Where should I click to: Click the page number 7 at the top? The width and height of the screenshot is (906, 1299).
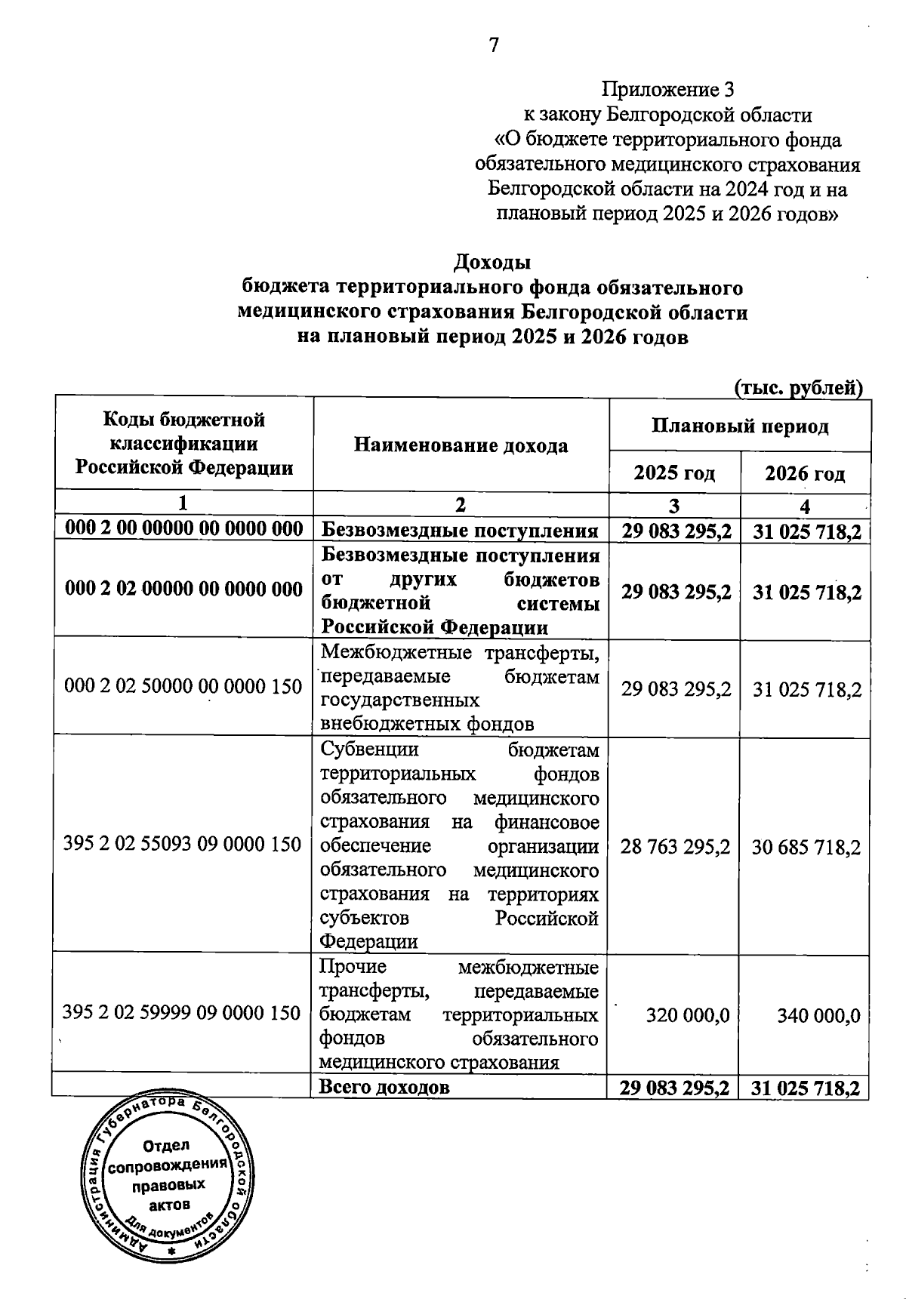pyautogui.click(x=494, y=45)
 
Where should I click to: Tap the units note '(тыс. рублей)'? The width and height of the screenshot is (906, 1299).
pyautogui.click(x=799, y=388)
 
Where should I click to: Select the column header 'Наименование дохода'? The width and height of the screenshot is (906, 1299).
pyautogui.click(x=461, y=445)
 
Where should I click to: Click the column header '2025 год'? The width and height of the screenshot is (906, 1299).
pyautogui.click(x=674, y=473)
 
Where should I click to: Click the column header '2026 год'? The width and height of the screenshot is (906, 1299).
pyautogui.click(x=805, y=473)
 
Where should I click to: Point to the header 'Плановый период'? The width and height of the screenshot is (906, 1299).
pyautogui.click(x=740, y=426)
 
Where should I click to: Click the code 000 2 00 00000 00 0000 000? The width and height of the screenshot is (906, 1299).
pyautogui.click(x=184, y=528)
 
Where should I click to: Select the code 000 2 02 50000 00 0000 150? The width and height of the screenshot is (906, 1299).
pyautogui.click(x=183, y=686)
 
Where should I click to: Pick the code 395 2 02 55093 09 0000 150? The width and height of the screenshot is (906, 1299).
pyautogui.click(x=183, y=844)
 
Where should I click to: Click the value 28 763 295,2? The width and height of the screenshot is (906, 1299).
pyautogui.click(x=675, y=847)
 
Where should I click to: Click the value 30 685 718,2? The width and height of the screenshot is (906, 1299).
pyautogui.click(x=806, y=847)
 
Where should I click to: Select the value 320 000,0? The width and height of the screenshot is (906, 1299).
pyautogui.click(x=687, y=1015)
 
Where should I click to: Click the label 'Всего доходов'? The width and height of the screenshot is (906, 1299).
pyautogui.click(x=384, y=1087)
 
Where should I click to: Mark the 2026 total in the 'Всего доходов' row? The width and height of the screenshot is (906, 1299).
pyautogui.click(x=806, y=1088)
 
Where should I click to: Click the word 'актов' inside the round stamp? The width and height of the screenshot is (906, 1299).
pyautogui.click(x=169, y=1204)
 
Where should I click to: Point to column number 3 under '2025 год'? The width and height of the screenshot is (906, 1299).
pyautogui.click(x=674, y=506)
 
